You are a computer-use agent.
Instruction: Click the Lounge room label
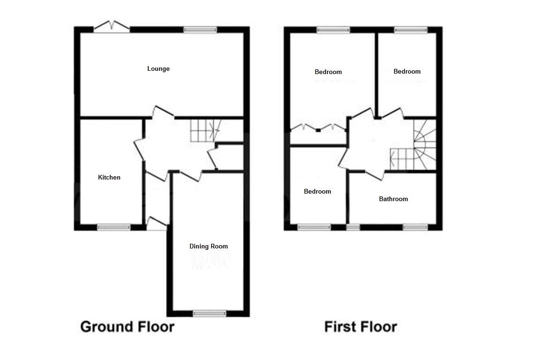click(159, 69)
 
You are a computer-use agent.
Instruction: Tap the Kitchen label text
click(109, 177)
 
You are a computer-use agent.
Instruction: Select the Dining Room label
click(209, 246)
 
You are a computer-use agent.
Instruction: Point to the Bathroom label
click(393, 199)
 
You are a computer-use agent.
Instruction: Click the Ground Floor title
click(127, 326)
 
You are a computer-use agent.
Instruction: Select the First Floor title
click(360, 326)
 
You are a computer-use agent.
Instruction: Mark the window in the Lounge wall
click(200, 30)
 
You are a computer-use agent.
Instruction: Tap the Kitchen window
click(114, 227)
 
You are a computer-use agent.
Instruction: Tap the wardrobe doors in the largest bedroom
click(318, 127)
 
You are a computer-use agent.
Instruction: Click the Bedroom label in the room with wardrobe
click(328, 72)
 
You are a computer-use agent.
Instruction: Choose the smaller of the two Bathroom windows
click(353, 227)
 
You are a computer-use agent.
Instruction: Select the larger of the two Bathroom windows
click(415, 227)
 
